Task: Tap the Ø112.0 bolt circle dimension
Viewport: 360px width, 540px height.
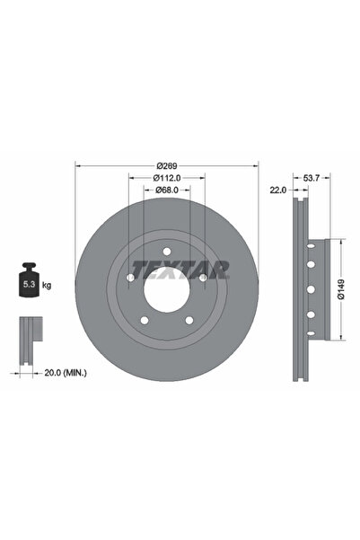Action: pyautogui.click(x=167, y=178)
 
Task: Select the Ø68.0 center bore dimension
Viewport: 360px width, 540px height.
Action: pyautogui.click(x=167, y=190)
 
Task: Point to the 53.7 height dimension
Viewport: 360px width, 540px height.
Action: pyautogui.click(x=312, y=178)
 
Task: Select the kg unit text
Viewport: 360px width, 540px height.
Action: pyautogui.click(x=47, y=285)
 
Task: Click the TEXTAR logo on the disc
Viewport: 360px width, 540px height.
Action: pyautogui.click(x=180, y=268)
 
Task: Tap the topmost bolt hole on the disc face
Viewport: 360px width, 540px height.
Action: pyautogui.click(x=167, y=253)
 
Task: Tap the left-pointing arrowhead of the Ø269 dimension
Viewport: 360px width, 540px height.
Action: pyautogui.click(x=78, y=165)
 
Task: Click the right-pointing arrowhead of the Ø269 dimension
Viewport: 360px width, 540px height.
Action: pyautogui.click(x=257, y=165)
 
